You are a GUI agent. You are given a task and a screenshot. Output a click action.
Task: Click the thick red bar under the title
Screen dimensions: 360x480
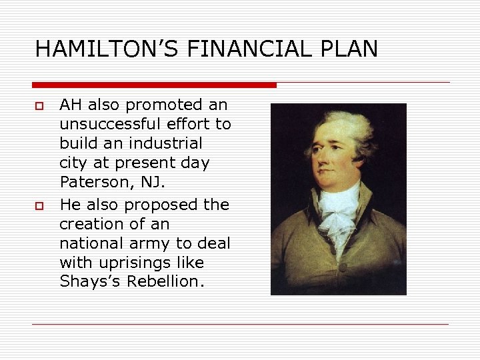(x=154, y=85)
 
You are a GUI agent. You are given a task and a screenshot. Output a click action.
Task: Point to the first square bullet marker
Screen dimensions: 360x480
(x=39, y=106)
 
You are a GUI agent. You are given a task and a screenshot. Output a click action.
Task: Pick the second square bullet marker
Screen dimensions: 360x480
(x=39, y=206)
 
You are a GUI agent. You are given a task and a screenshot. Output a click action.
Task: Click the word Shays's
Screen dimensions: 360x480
(x=85, y=282)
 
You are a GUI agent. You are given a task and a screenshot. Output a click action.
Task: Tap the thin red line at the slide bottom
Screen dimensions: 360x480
(x=240, y=325)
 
